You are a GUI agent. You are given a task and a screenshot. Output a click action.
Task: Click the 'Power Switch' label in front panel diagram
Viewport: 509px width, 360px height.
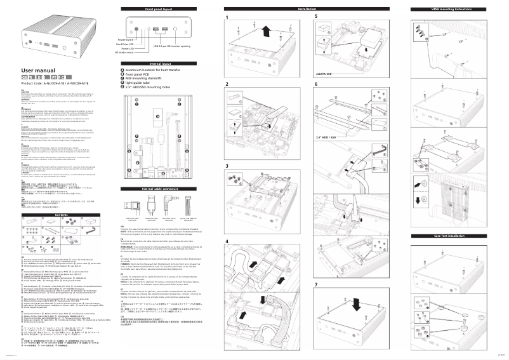tap(125, 39)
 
